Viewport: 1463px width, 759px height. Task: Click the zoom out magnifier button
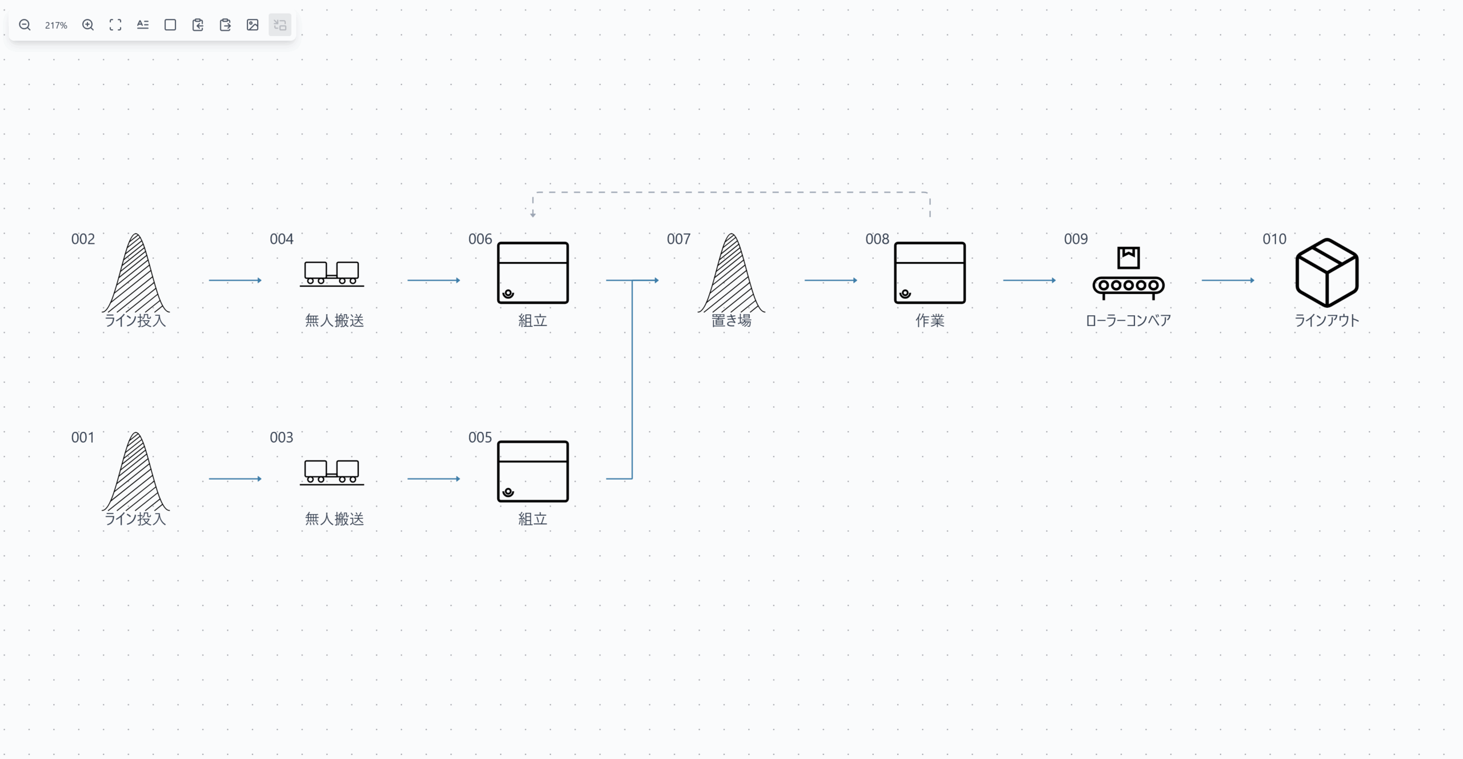[25, 25]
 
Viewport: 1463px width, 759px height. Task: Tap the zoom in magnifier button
[88, 25]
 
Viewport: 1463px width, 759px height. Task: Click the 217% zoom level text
[56, 25]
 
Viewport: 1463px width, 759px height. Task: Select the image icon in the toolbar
[253, 25]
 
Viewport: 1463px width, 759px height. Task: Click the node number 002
[83, 239]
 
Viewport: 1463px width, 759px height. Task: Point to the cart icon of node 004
[331, 273]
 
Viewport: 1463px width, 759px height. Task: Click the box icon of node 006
[533, 273]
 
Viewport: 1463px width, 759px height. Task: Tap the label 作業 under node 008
[930, 320]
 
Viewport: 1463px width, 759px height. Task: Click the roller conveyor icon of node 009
[1128, 274]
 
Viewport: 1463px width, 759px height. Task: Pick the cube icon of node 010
[1326, 272]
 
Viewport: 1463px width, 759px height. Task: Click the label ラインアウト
[1326, 320]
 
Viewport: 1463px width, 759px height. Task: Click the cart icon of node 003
[331, 472]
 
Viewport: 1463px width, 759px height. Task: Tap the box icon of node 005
[533, 471]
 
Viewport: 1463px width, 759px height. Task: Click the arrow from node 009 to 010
[1228, 280]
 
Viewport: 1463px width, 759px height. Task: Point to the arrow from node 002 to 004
[235, 280]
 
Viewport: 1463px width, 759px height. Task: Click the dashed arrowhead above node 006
[533, 214]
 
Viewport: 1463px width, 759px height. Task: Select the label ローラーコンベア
[1128, 320]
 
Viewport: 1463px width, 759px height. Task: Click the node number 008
[877, 239]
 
